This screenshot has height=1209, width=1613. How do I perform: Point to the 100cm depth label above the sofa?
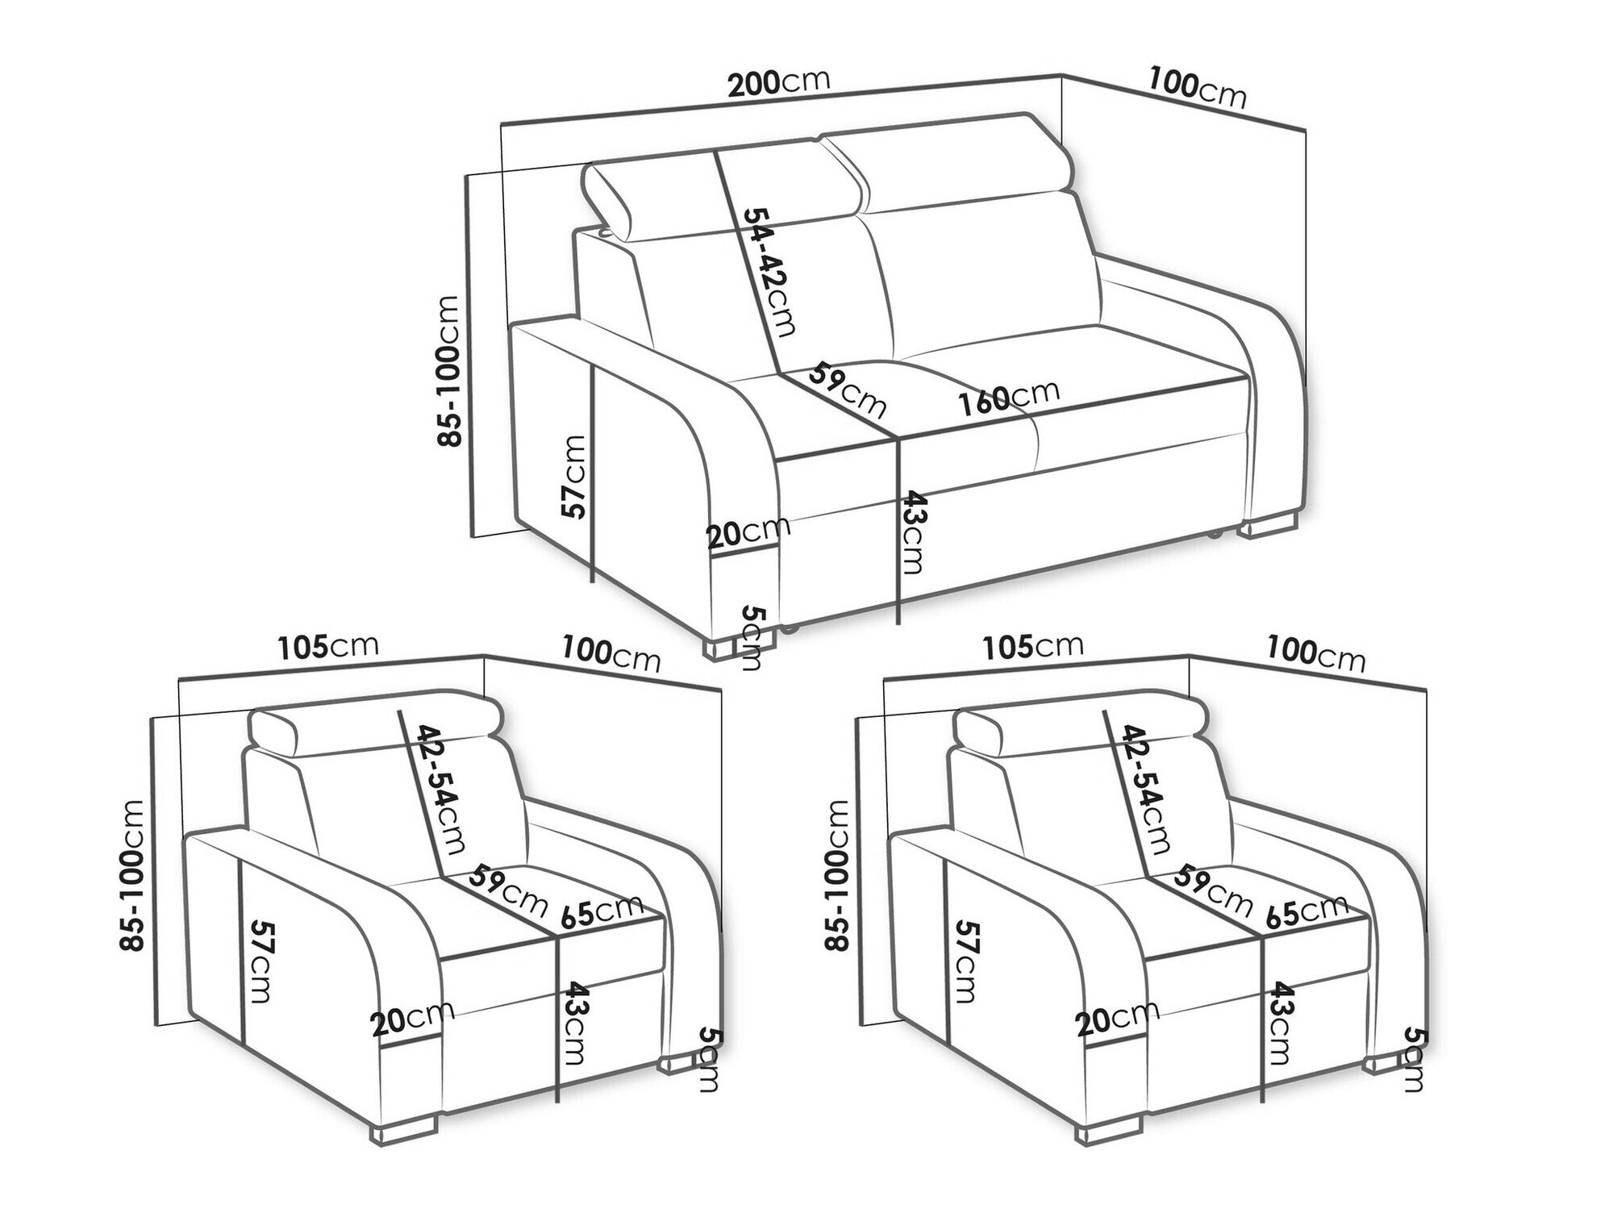(1197, 87)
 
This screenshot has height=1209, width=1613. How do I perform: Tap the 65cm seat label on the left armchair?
(602, 912)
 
